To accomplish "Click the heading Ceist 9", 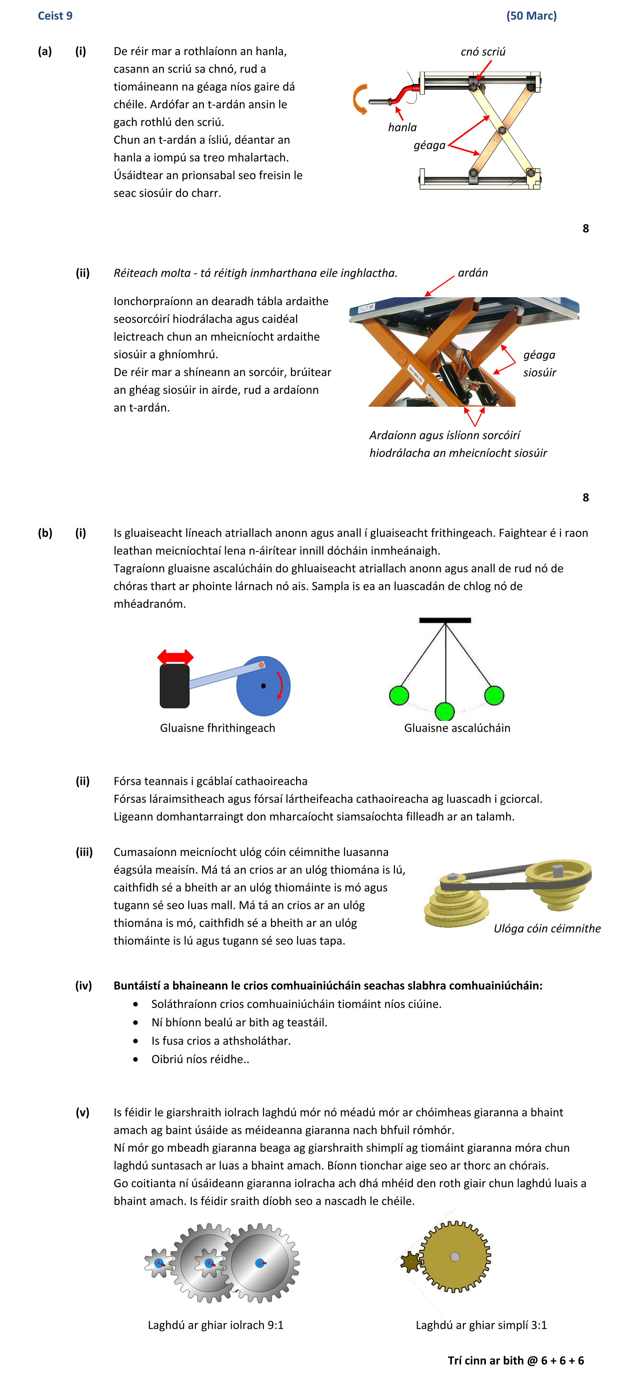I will [55, 15].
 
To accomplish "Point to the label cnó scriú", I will [483, 51].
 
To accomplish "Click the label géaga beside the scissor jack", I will [429, 145].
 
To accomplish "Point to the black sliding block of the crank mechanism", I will [175, 686].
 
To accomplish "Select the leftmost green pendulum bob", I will [399, 695].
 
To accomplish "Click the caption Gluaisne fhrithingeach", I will [217, 728].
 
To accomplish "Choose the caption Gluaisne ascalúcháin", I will [457, 728].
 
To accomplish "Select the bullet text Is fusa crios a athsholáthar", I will [221, 1041].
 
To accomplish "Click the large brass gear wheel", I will [455, 1256].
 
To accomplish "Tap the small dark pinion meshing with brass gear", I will [411, 1262].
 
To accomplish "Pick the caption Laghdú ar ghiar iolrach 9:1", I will [216, 1325].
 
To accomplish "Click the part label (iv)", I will [83, 986].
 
